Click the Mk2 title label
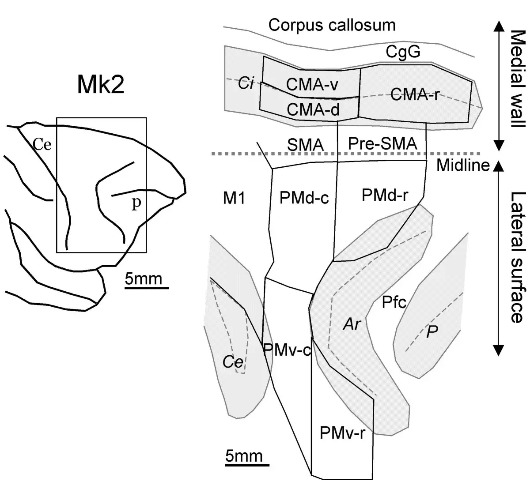101,85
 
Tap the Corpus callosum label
332,25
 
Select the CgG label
403,52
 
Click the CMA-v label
312,84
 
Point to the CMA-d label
313,109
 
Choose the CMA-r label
414,94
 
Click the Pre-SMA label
382,143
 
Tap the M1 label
234,198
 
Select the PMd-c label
304,198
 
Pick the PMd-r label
385,195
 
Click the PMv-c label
287,350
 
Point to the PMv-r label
342,433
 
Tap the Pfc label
394,302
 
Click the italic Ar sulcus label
352,324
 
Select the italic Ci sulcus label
246,83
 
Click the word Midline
463,165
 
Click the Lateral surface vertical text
518,257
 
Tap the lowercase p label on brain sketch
136,203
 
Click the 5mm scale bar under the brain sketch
147,288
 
